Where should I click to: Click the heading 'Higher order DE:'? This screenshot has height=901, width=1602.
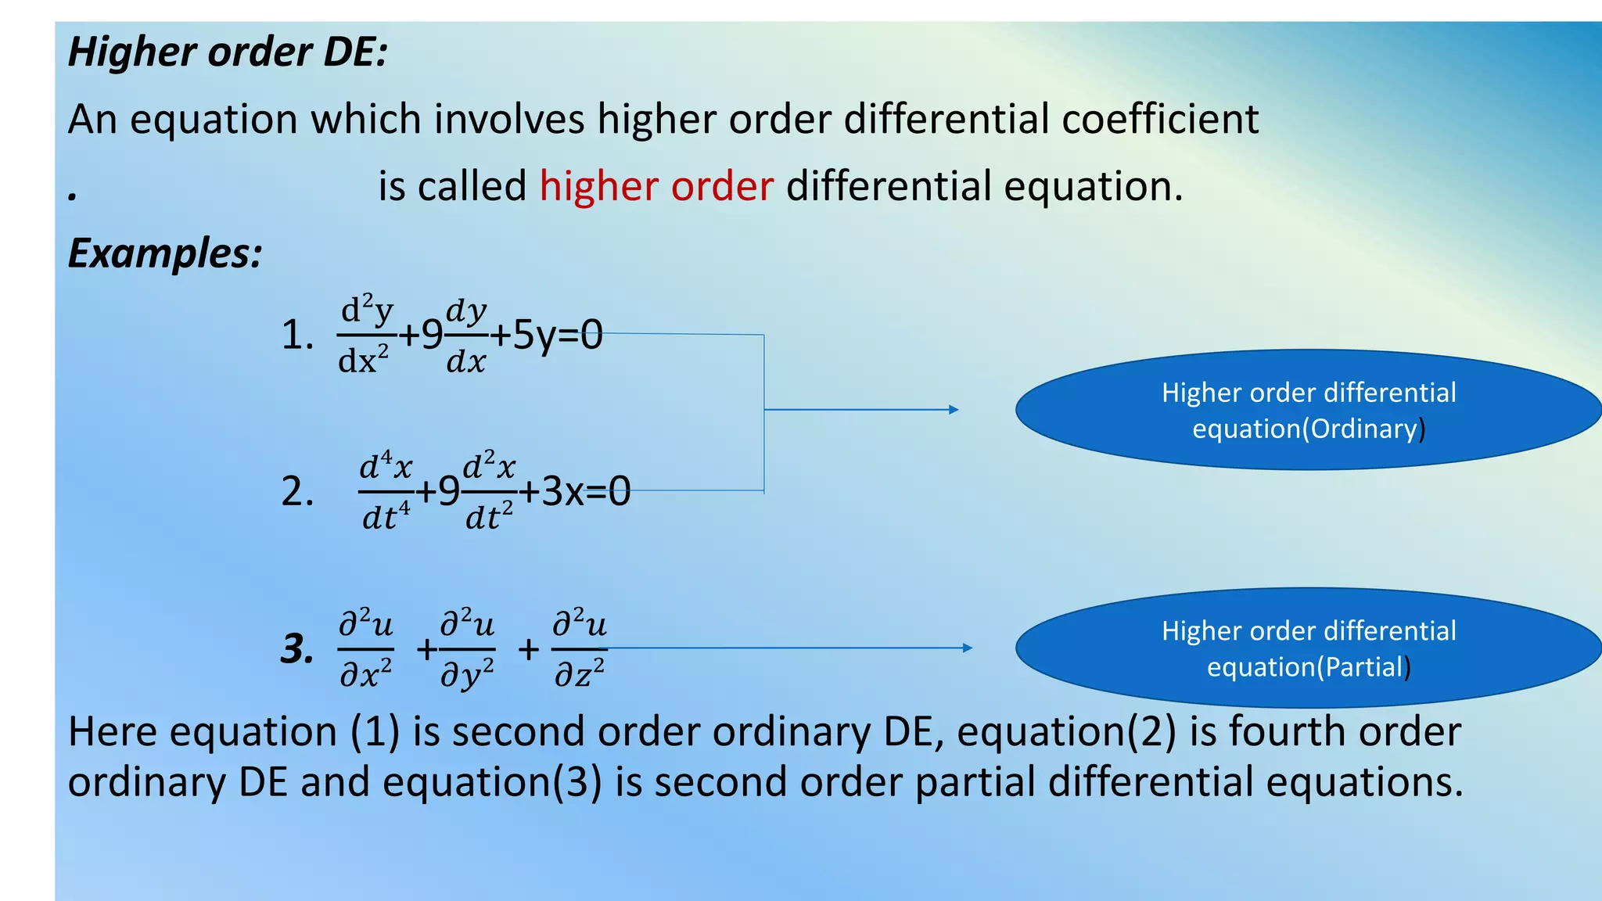click(228, 52)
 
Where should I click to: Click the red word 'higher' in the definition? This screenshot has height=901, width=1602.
click(598, 187)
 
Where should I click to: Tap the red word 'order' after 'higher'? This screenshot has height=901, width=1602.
click(722, 187)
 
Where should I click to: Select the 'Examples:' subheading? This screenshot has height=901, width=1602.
click(165, 253)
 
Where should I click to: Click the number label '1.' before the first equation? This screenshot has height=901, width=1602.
click(297, 336)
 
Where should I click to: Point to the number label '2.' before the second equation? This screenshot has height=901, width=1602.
click(297, 492)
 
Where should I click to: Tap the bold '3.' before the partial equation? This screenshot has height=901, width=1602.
click(297, 649)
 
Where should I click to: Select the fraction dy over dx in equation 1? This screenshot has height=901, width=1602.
click(466, 336)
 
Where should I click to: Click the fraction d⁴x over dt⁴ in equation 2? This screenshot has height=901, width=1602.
click(386, 492)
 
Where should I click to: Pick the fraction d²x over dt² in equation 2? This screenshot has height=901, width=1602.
click(490, 492)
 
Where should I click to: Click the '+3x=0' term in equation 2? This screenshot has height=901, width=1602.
click(575, 492)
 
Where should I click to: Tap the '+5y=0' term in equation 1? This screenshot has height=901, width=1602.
click(547, 336)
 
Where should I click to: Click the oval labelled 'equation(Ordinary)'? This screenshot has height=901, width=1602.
click(1308, 410)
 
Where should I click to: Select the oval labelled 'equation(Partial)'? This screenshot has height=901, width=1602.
click(1308, 648)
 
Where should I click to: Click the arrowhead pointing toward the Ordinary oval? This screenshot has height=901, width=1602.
click(954, 410)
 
